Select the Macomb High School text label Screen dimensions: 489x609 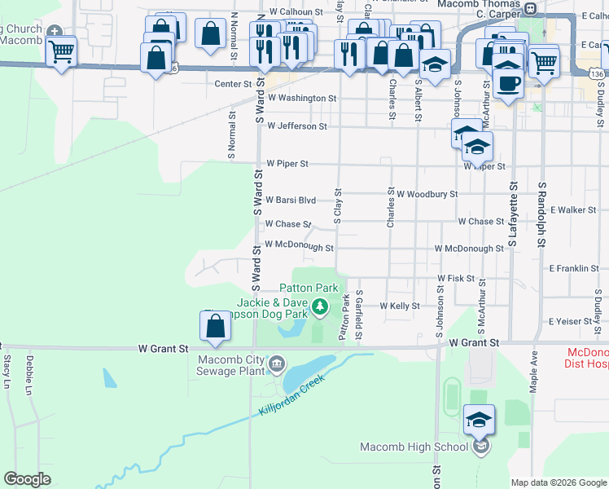point(414,447)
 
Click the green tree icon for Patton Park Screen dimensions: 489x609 point(320,306)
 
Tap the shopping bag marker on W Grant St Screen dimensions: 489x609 point(214,327)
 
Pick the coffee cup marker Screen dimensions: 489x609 point(509,83)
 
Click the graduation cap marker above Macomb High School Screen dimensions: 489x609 point(480,421)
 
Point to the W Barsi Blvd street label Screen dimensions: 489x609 point(291,200)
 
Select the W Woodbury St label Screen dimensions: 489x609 point(427,195)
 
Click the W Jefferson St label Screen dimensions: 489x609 point(296,126)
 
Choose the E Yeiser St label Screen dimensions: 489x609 point(574,322)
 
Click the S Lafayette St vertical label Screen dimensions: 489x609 point(514,218)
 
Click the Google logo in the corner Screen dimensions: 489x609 point(27,479)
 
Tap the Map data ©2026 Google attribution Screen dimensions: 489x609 point(559,482)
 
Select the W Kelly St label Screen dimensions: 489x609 point(399,306)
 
